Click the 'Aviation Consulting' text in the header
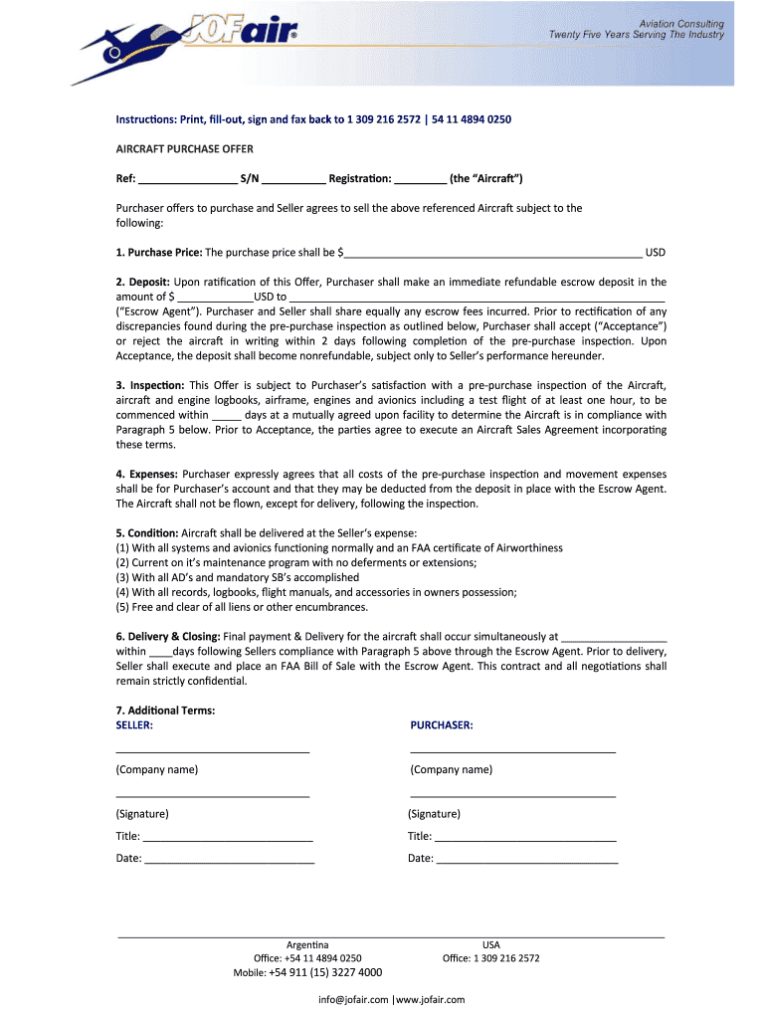pyautogui.click(x=680, y=23)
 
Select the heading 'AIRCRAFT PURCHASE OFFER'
pyautogui.click(x=184, y=149)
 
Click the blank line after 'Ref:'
pyautogui.click(x=186, y=180)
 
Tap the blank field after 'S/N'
pyautogui.click(x=293, y=180)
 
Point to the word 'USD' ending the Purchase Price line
pyautogui.click(x=656, y=253)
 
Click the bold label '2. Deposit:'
pyautogui.click(x=143, y=283)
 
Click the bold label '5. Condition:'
pyautogui.click(x=148, y=533)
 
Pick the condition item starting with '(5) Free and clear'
pyautogui.click(x=242, y=607)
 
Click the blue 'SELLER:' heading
pyautogui.click(x=134, y=725)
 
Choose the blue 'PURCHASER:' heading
pyautogui.click(x=442, y=725)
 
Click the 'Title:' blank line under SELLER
pyautogui.click(x=228, y=838)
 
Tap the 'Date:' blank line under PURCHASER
pyautogui.click(x=526, y=859)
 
